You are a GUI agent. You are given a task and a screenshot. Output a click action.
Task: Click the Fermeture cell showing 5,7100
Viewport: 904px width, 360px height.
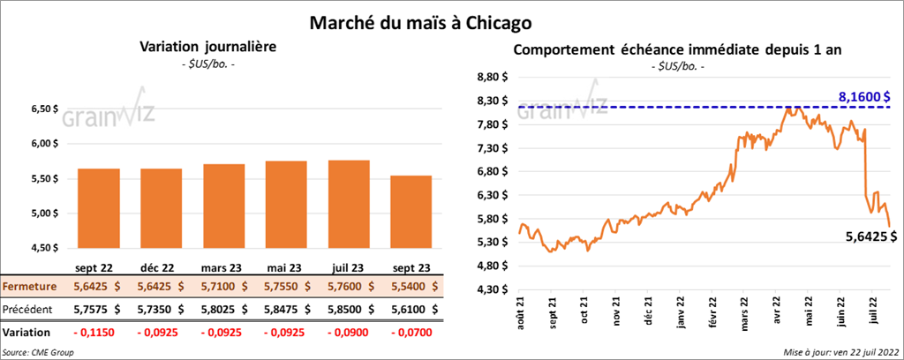tap(228, 287)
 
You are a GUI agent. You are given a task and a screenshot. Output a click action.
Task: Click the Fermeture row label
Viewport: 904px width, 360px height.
tap(30, 287)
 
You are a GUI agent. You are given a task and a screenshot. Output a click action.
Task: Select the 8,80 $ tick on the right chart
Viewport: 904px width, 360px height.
tap(492, 78)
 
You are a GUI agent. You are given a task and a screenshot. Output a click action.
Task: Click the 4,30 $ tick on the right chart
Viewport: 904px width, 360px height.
tap(492, 289)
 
